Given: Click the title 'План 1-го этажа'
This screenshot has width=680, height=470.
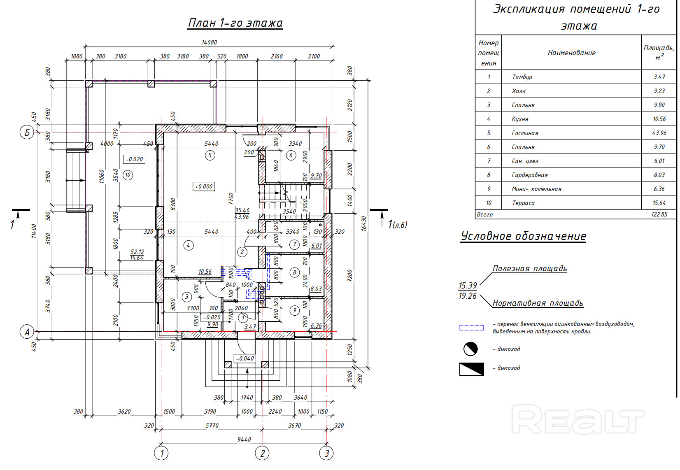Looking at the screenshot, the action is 235,23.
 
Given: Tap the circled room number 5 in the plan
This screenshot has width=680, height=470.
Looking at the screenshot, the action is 210,156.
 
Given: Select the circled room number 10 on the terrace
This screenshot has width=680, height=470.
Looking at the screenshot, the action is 128,175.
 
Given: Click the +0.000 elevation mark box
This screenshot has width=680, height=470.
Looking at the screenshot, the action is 204,186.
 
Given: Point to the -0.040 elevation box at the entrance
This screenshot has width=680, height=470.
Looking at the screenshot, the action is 245,358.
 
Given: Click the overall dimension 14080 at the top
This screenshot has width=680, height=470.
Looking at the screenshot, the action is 209,42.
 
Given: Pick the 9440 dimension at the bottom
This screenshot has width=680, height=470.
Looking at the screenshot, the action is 244,439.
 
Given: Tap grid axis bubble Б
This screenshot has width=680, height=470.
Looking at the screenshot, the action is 27,133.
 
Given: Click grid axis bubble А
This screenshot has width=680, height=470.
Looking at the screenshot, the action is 27,332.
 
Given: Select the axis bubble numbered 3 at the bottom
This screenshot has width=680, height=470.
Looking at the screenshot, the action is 326,453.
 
